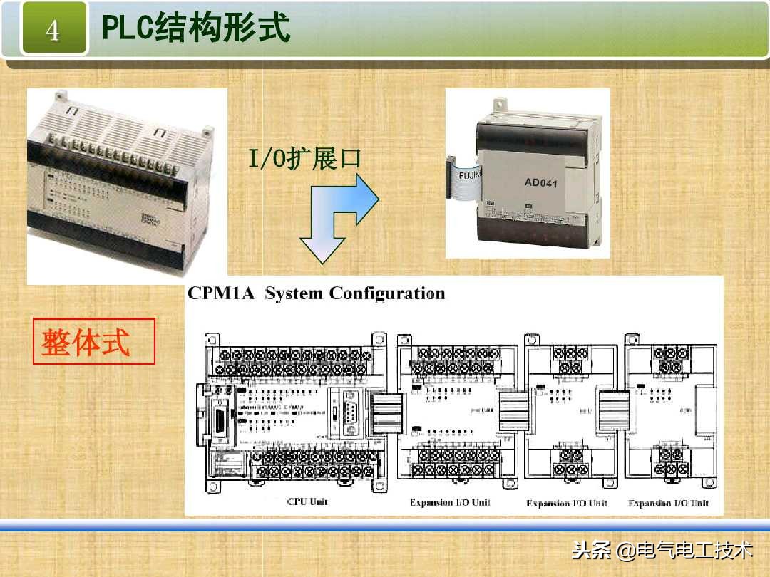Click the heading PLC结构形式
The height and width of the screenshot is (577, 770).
pyautogui.click(x=197, y=28)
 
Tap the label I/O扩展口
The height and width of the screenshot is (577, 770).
pyautogui.click(x=304, y=158)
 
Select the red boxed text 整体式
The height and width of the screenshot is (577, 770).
pyautogui.click(x=86, y=343)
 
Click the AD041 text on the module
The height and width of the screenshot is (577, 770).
pyautogui.click(x=540, y=182)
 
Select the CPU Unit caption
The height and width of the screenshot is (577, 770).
pyautogui.click(x=307, y=501)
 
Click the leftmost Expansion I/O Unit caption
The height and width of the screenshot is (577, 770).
pyautogui.click(x=451, y=502)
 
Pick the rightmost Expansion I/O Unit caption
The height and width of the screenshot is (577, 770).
pyautogui.click(x=668, y=503)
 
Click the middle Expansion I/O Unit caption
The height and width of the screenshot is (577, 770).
pyautogui.click(x=567, y=503)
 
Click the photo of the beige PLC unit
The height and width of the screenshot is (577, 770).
pyautogui.click(x=126, y=185)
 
